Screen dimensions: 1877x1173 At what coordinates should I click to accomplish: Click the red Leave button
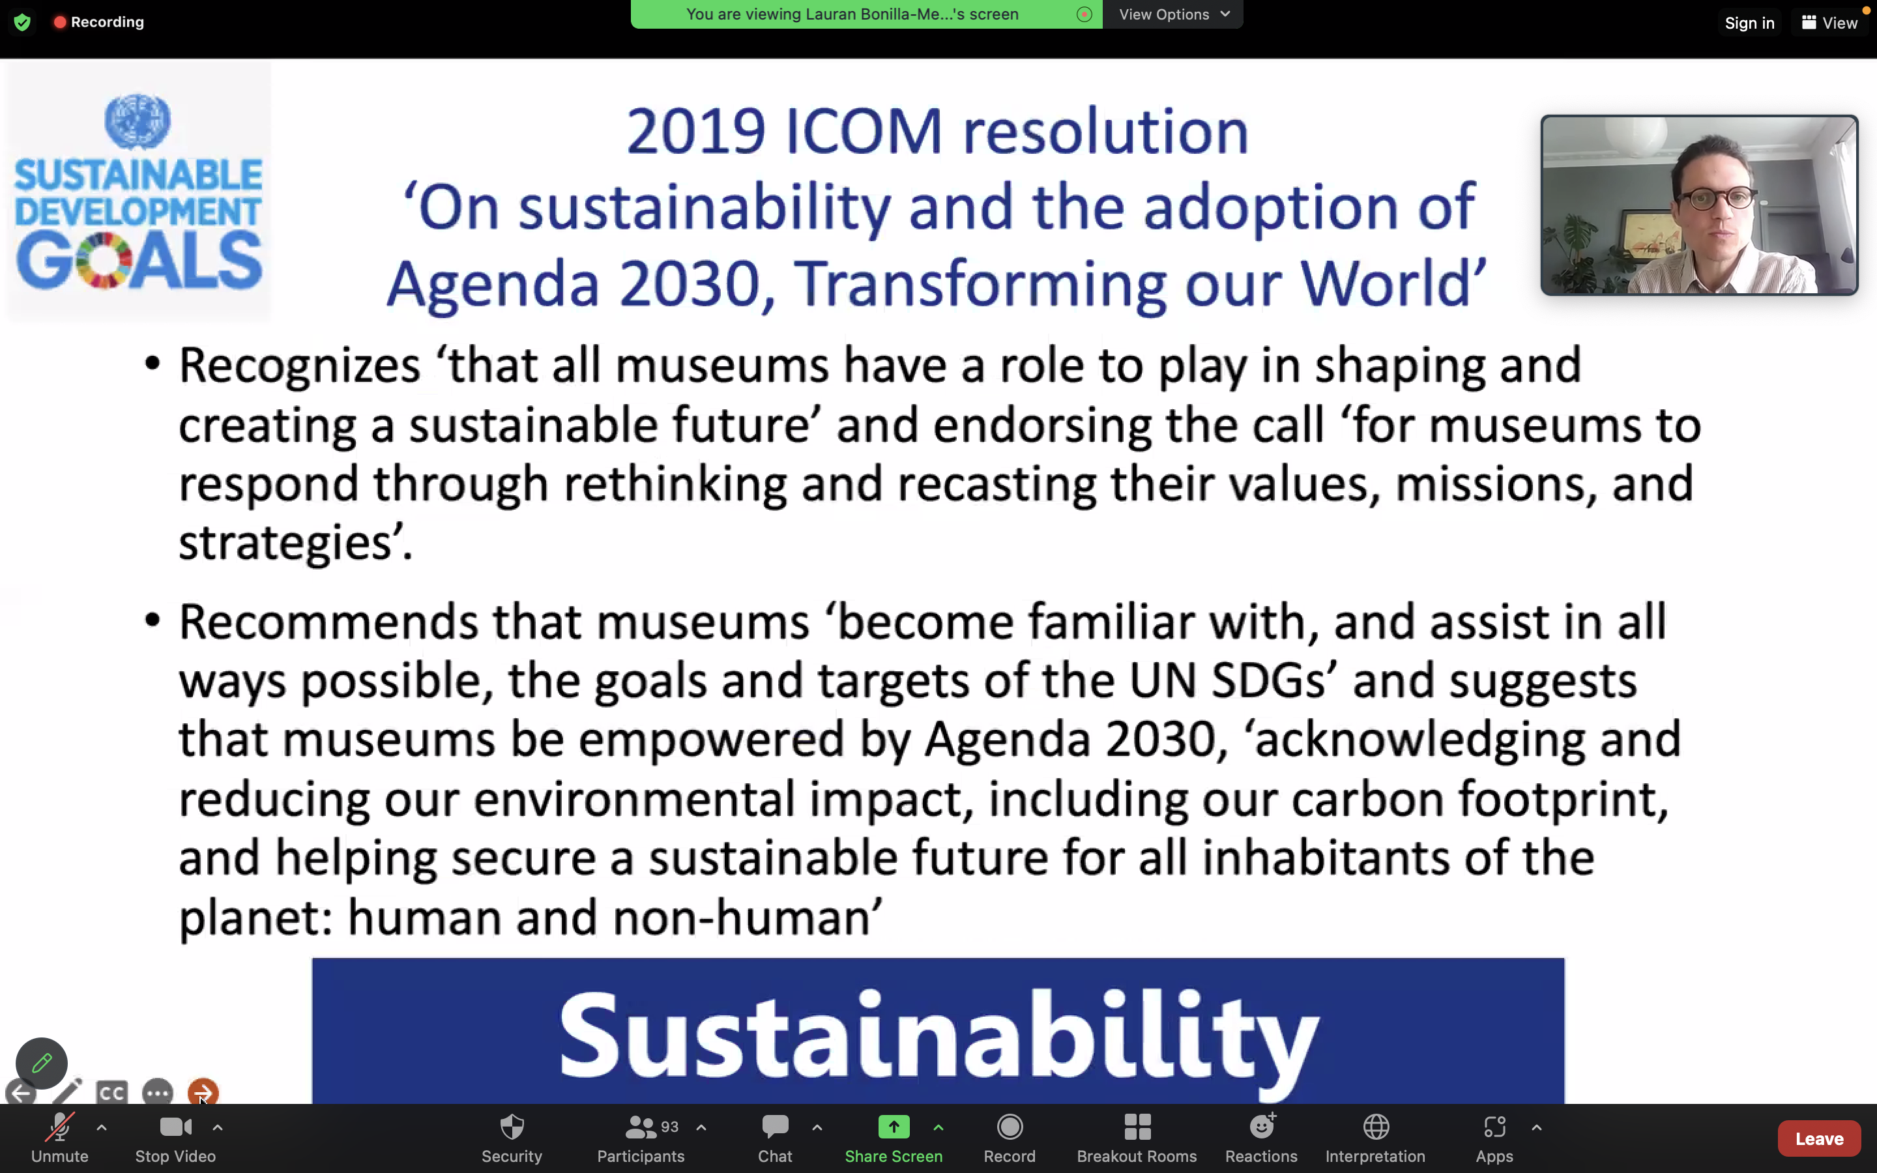(x=1819, y=1138)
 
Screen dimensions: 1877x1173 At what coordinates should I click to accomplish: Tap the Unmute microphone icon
(x=60, y=1127)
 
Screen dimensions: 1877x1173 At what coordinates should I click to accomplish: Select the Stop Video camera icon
(x=175, y=1127)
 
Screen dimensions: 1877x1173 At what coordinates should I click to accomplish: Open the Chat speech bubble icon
(x=775, y=1127)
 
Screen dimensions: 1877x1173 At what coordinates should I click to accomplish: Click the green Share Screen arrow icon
(x=894, y=1127)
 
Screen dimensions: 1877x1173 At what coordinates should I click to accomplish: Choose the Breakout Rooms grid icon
(x=1137, y=1127)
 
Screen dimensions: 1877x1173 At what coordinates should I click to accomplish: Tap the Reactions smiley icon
(x=1262, y=1125)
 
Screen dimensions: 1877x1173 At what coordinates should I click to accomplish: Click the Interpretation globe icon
(x=1376, y=1127)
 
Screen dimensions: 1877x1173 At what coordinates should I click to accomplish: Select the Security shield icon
(x=512, y=1127)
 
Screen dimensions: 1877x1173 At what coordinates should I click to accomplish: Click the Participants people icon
(x=641, y=1127)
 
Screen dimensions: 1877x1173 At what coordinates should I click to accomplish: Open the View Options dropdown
(x=1174, y=14)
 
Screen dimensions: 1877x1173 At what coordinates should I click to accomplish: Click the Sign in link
(x=1749, y=23)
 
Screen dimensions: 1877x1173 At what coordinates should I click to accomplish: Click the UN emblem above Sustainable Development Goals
(x=138, y=121)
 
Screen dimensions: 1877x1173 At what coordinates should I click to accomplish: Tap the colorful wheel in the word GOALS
(x=102, y=261)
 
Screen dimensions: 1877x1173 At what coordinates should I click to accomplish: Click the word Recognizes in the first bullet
(x=299, y=367)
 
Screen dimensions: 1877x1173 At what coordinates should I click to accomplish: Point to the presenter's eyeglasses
(x=1717, y=198)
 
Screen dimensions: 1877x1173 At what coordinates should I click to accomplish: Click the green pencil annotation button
(x=42, y=1063)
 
